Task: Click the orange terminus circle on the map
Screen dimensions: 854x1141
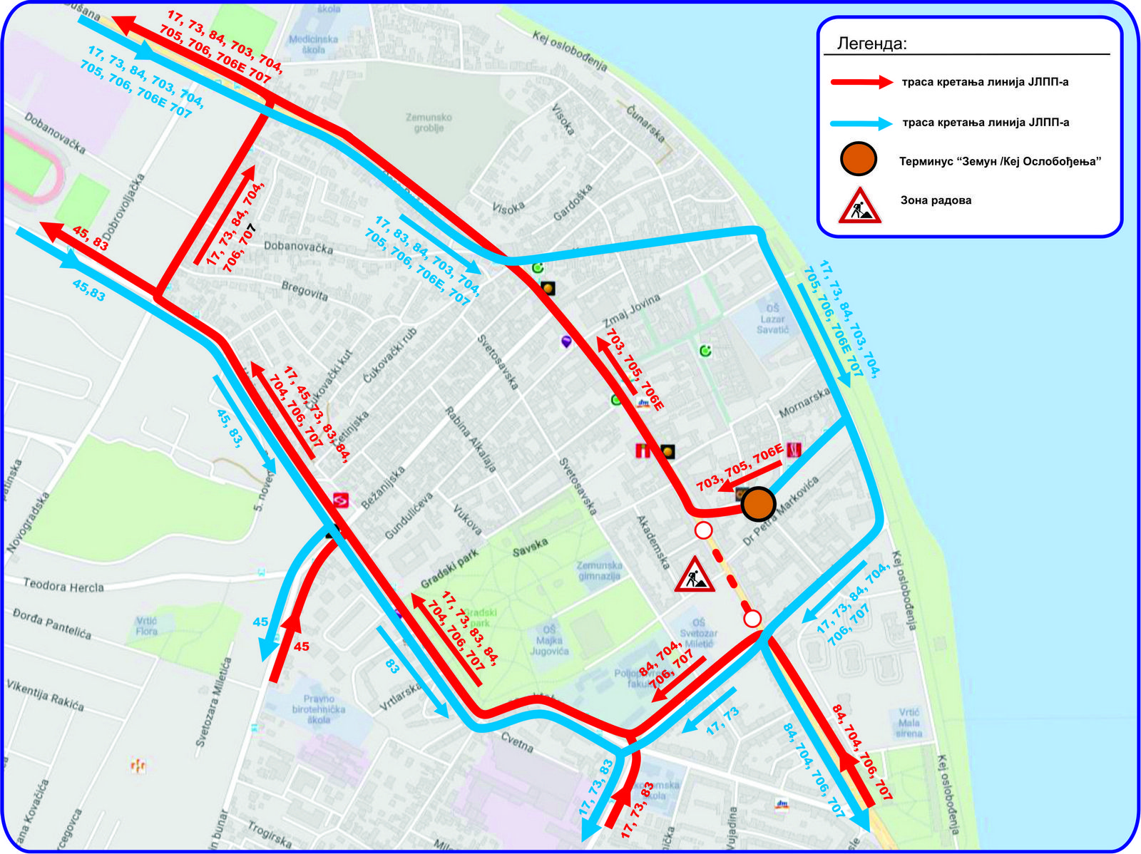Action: pyautogui.click(x=758, y=504)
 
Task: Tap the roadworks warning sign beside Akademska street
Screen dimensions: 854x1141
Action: pyautogui.click(x=695, y=575)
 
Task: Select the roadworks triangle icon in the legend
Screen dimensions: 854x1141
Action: pyautogui.click(x=859, y=205)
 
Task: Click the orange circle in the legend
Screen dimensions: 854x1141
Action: pyautogui.click(x=859, y=159)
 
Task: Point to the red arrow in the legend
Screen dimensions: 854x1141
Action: pyautogui.click(x=861, y=82)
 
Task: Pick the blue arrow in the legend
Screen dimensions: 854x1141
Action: pyautogui.click(x=861, y=123)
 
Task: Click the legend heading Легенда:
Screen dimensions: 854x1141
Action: pyautogui.click(x=871, y=44)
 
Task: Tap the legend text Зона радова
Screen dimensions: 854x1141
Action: pyautogui.click(x=936, y=200)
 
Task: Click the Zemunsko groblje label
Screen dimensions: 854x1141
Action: pyautogui.click(x=429, y=123)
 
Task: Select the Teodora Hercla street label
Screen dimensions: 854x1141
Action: pyautogui.click(x=63, y=586)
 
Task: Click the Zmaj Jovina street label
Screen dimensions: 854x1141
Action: pyautogui.click(x=632, y=309)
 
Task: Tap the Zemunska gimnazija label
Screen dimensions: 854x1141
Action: pyautogui.click(x=600, y=570)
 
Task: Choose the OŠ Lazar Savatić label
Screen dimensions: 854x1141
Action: pyautogui.click(x=773, y=319)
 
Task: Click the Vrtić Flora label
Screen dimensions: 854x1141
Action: pyautogui.click(x=146, y=626)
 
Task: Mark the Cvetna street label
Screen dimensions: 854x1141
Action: pyautogui.click(x=517, y=742)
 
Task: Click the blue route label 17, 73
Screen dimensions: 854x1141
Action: pyautogui.click(x=722, y=721)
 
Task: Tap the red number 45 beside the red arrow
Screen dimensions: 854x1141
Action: pyautogui.click(x=302, y=646)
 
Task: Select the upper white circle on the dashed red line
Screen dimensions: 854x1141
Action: pyautogui.click(x=704, y=530)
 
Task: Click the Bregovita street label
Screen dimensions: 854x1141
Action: pyautogui.click(x=305, y=291)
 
